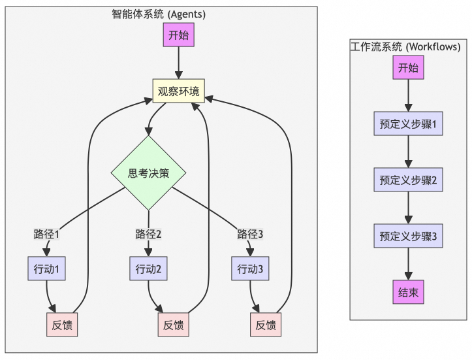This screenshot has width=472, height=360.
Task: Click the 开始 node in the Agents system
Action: click(178, 35)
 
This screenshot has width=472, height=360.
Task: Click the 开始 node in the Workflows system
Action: click(408, 68)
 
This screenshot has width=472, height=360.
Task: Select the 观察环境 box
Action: click(178, 91)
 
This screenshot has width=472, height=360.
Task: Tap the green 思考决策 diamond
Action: click(149, 173)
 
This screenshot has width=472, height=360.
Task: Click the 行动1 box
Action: click(47, 269)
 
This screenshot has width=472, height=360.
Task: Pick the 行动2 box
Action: click(148, 269)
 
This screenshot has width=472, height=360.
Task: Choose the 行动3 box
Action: click(250, 269)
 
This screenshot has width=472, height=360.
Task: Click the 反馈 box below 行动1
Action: click(62, 325)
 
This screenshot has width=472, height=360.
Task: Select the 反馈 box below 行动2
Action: click(173, 325)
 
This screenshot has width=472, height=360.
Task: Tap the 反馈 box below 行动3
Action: click(265, 325)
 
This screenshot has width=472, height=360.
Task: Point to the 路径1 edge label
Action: click(47, 234)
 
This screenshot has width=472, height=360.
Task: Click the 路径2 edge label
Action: click(148, 234)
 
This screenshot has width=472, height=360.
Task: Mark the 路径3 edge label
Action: click(250, 234)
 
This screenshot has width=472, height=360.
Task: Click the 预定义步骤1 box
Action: click(408, 124)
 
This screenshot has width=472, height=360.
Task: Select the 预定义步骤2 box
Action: click(408, 180)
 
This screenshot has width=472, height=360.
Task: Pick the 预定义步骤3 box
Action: click(408, 236)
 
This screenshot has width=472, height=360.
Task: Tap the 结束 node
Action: click(408, 292)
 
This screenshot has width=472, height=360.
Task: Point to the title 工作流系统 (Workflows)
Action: click(405, 46)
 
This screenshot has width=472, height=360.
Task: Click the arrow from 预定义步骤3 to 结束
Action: click(408, 264)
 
